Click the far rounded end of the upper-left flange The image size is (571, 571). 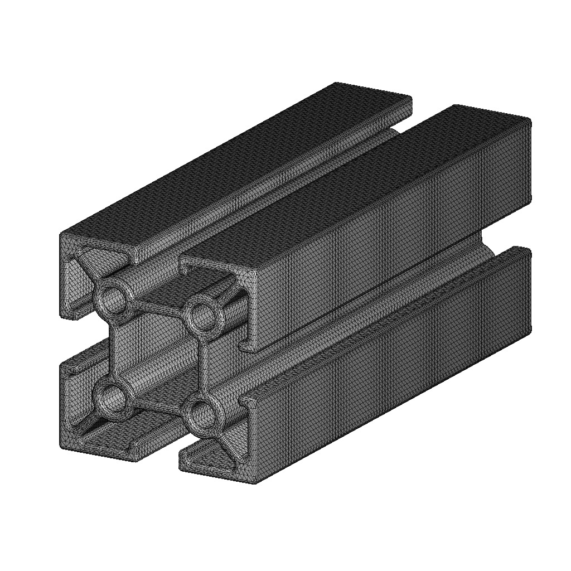410,104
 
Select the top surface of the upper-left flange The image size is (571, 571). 234,167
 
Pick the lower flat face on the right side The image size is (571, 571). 390,379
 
